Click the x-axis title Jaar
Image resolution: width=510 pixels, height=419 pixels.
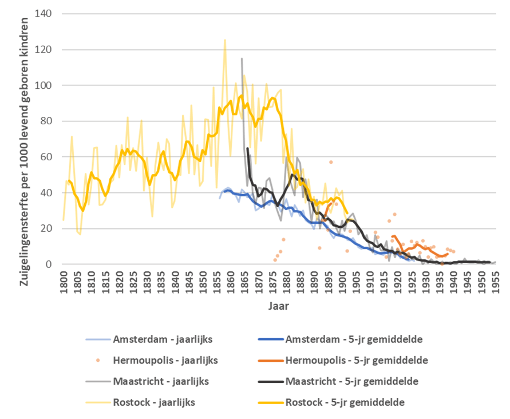point(278,306)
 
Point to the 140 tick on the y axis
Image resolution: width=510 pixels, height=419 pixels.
point(47,14)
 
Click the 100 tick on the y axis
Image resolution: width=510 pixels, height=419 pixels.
point(47,85)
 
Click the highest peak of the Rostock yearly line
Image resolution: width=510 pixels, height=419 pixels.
point(224,40)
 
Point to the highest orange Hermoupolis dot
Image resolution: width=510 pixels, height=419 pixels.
point(331,162)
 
